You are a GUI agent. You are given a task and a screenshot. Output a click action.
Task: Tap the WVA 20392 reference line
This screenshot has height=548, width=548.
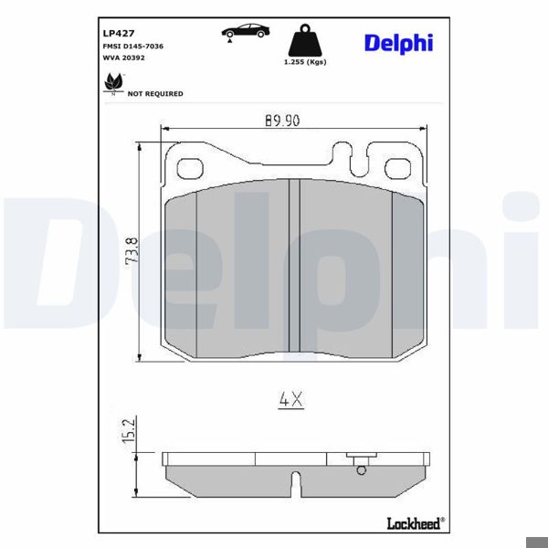(124, 57)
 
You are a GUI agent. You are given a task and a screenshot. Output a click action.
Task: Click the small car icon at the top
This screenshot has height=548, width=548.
(246, 31)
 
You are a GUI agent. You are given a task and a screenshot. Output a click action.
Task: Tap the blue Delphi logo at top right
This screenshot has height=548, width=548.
(398, 43)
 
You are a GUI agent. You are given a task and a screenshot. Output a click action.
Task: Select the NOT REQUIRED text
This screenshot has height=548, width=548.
(155, 93)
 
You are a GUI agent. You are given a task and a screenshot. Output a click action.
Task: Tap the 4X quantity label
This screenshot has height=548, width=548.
(290, 399)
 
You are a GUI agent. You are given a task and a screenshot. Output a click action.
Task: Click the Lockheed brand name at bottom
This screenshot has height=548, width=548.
(415, 522)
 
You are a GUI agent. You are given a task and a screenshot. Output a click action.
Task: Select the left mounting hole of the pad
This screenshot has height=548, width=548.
(189, 169)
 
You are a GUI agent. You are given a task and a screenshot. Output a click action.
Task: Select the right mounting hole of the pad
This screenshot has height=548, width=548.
(398, 169)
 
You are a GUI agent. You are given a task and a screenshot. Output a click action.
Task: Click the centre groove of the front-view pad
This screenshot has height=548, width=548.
(294, 265)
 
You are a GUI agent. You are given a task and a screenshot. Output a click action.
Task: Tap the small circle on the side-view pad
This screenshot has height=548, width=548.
(361, 470)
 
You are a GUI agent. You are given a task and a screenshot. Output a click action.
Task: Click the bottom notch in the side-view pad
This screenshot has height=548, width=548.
(294, 480)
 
